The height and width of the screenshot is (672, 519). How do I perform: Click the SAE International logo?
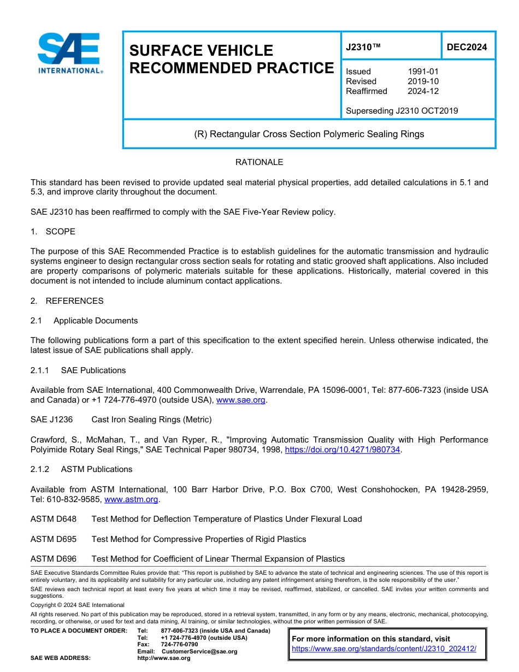(x=69, y=53)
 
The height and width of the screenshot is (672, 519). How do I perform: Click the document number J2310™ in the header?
(x=363, y=48)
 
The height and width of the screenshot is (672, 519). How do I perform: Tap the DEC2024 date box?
(x=467, y=48)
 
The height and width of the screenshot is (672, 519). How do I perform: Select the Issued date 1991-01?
(x=423, y=72)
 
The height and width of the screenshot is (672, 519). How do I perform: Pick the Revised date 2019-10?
(x=423, y=81)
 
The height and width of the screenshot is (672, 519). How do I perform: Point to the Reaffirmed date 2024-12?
(x=423, y=91)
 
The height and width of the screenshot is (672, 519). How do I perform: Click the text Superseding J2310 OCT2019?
(x=402, y=111)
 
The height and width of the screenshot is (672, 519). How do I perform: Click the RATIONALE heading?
(x=259, y=162)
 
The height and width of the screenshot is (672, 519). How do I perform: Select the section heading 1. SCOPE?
(x=53, y=232)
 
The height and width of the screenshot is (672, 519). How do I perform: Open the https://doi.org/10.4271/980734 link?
(x=343, y=450)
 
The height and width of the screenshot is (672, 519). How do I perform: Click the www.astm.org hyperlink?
(x=131, y=499)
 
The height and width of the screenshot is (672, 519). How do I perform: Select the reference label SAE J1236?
(x=51, y=420)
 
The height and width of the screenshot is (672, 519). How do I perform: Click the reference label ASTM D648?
(x=54, y=519)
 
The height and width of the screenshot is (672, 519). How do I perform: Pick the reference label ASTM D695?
(x=54, y=539)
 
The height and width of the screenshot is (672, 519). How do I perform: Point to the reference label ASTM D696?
(x=54, y=559)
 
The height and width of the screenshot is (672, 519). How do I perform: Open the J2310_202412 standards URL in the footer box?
(x=384, y=649)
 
